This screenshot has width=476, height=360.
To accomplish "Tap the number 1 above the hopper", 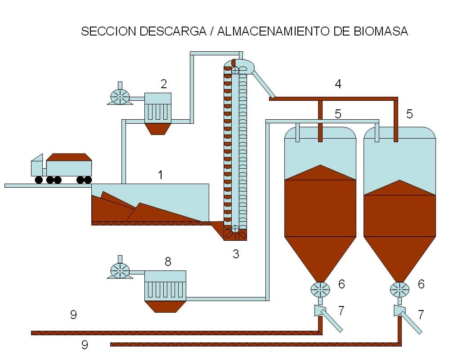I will pyautogui.click(x=161, y=175).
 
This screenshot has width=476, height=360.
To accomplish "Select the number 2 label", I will pyautogui.click(x=164, y=84).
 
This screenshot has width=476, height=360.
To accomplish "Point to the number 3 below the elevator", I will pyautogui.click(x=236, y=254).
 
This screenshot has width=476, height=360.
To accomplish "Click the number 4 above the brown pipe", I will pyautogui.click(x=338, y=84).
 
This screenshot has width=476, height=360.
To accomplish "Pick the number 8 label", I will pyautogui.click(x=168, y=261).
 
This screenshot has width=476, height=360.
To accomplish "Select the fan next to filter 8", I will pyautogui.click(x=120, y=270).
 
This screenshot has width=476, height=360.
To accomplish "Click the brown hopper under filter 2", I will pyautogui.click(x=157, y=128).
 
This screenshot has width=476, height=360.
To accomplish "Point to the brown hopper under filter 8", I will pyautogui.click(x=165, y=306).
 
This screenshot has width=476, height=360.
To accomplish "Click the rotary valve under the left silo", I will pyautogui.click(x=320, y=288).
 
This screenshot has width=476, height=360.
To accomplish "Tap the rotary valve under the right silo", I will pyautogui.click(x=399, y=289).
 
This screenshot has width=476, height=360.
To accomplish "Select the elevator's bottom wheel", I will pyautogui.click(x=235, y=228).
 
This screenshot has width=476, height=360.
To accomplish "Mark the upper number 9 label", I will pyautogui.click(x=73, y=315).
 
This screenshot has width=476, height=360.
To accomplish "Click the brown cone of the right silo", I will pyautogui.click(x=399, y=256).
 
